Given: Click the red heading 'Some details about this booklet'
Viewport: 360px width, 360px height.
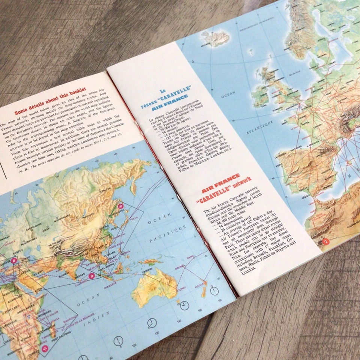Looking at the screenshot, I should tap(50, 101).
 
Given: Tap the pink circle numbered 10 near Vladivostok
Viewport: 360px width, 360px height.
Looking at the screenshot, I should tap(121, 206).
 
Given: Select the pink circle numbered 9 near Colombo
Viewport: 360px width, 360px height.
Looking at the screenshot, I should tap(91, 276).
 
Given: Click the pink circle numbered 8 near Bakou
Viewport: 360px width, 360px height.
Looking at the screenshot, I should tap(14, 260).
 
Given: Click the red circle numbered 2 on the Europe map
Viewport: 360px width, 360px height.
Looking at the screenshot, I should tap(326, 241).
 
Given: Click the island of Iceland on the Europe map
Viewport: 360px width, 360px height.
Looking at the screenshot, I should tap(215, 38).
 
